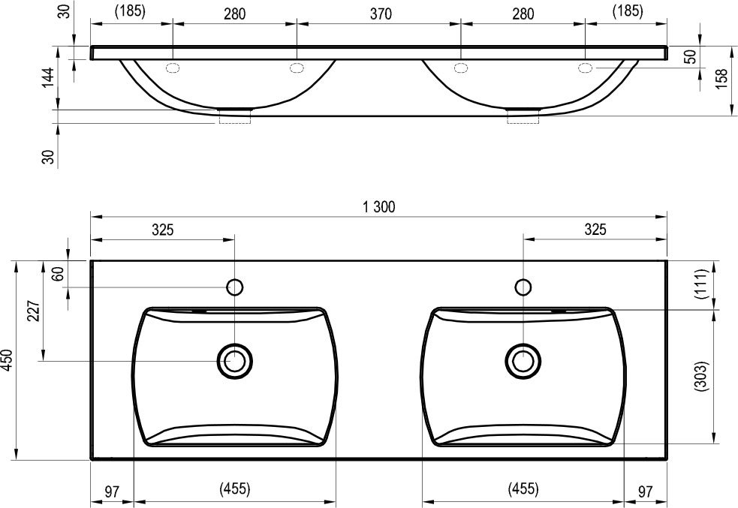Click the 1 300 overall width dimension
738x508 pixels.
click(x=379, y=207)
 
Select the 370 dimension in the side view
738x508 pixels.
click(x=381, y=14)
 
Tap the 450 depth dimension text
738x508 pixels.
click(x=7, y=360)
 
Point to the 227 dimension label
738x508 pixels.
click(x=33, y=311)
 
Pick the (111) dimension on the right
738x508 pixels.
click(x=701, y=284)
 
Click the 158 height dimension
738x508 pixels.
click(x=721, y=79)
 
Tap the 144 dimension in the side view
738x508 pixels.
click(x=48, y=77)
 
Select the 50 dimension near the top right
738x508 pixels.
click(x=690, y=57)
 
